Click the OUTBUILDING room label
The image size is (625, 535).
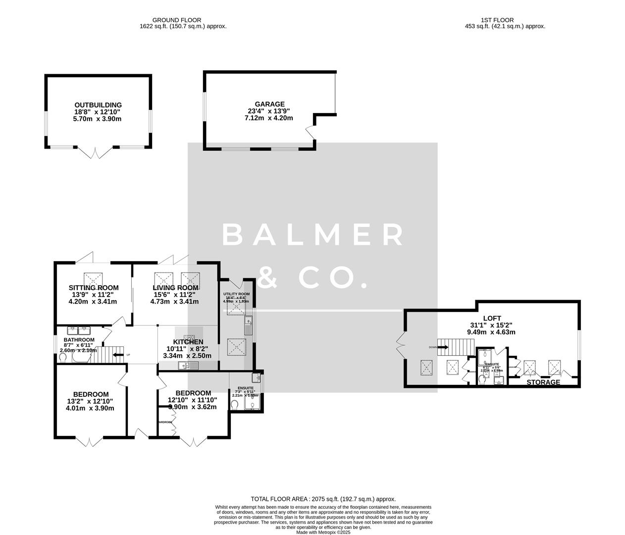point(98,105)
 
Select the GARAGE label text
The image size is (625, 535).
point(270,104)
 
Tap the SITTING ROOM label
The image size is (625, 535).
point(94,288)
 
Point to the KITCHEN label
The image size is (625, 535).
point(188,342)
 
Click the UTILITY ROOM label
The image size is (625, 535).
point(236,294)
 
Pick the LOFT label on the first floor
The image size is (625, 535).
point(492,319)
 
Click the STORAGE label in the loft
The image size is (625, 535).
point(543,382)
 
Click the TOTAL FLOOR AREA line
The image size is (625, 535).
point(323,499)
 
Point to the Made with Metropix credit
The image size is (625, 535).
point(323,533)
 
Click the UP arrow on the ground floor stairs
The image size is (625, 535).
point(119,355)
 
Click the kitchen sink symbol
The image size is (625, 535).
point(188,366)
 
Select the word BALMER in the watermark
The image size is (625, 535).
point(313,235)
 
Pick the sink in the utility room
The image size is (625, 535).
point(248,325)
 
